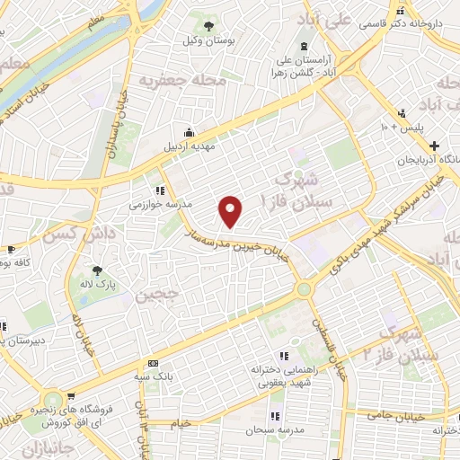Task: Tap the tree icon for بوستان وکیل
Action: pyautogui.click(x=208, y=25)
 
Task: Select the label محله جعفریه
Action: pyautogui.click(x=177, y=81)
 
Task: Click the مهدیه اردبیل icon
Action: pyautogui.click(x=190, y=131)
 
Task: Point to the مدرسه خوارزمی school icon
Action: pyautogui.click(x=160, y=190)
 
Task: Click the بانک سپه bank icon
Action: pyautogui.click(x=153, y=363)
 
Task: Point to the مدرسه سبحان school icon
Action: pyautogui.click(x=274, y=416)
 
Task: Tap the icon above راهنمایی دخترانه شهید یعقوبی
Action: pyautogui.click(x=284, y=355)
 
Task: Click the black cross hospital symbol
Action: pyautogui.click(x=435, y=145)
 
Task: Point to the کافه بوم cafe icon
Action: pyautogui.click(x=11, y=249)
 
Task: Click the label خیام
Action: pyautogui.click(x=180, y=422)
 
